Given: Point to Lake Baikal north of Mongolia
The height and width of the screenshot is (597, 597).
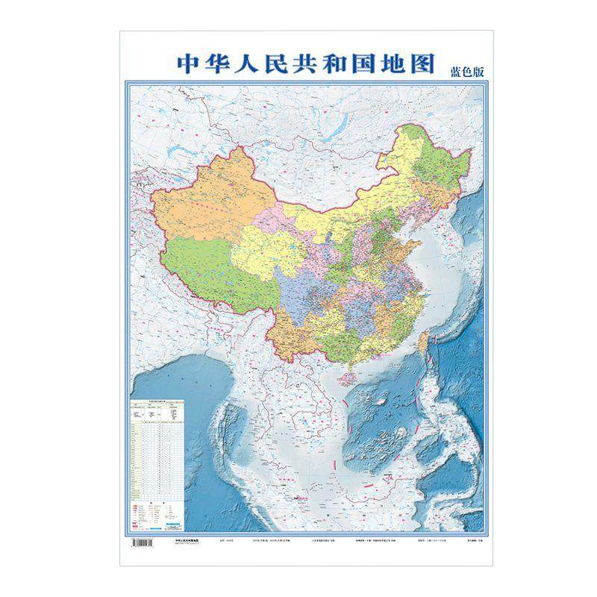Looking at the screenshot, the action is tap(313, 123).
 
